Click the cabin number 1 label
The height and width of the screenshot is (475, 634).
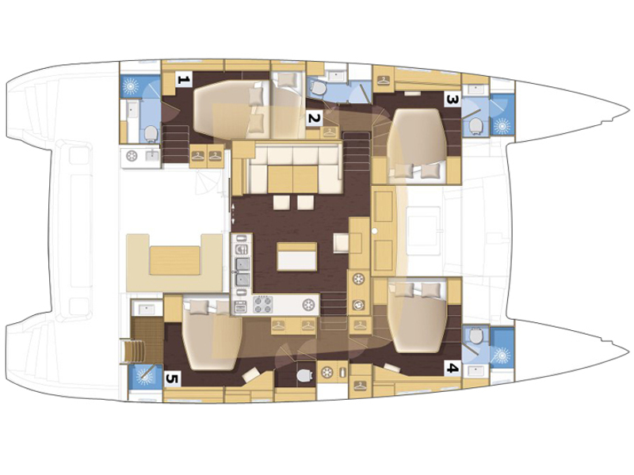click(184, 79)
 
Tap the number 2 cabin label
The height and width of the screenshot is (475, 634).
click(314, 118)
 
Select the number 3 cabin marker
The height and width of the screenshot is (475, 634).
click(452, 99)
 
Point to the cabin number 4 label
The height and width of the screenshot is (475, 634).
click(452, 368)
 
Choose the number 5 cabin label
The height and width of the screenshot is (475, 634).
click(173, 379)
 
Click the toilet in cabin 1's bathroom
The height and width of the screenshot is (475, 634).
click(151, 134)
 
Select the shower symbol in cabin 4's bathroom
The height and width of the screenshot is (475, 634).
click(502, 355)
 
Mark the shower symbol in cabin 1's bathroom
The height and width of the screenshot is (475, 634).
click(131, 86)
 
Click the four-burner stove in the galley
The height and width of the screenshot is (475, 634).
click(263, 305)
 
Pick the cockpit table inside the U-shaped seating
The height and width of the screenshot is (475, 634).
click(175, 260)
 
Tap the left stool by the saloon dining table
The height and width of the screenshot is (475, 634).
click(281, 203)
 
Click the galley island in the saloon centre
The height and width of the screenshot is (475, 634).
click(296, 256)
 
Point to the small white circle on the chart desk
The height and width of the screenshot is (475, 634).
click(375, 231)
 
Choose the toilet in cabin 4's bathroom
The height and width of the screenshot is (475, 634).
click(476, 336)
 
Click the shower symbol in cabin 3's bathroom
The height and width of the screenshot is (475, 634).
click(502, 126)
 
